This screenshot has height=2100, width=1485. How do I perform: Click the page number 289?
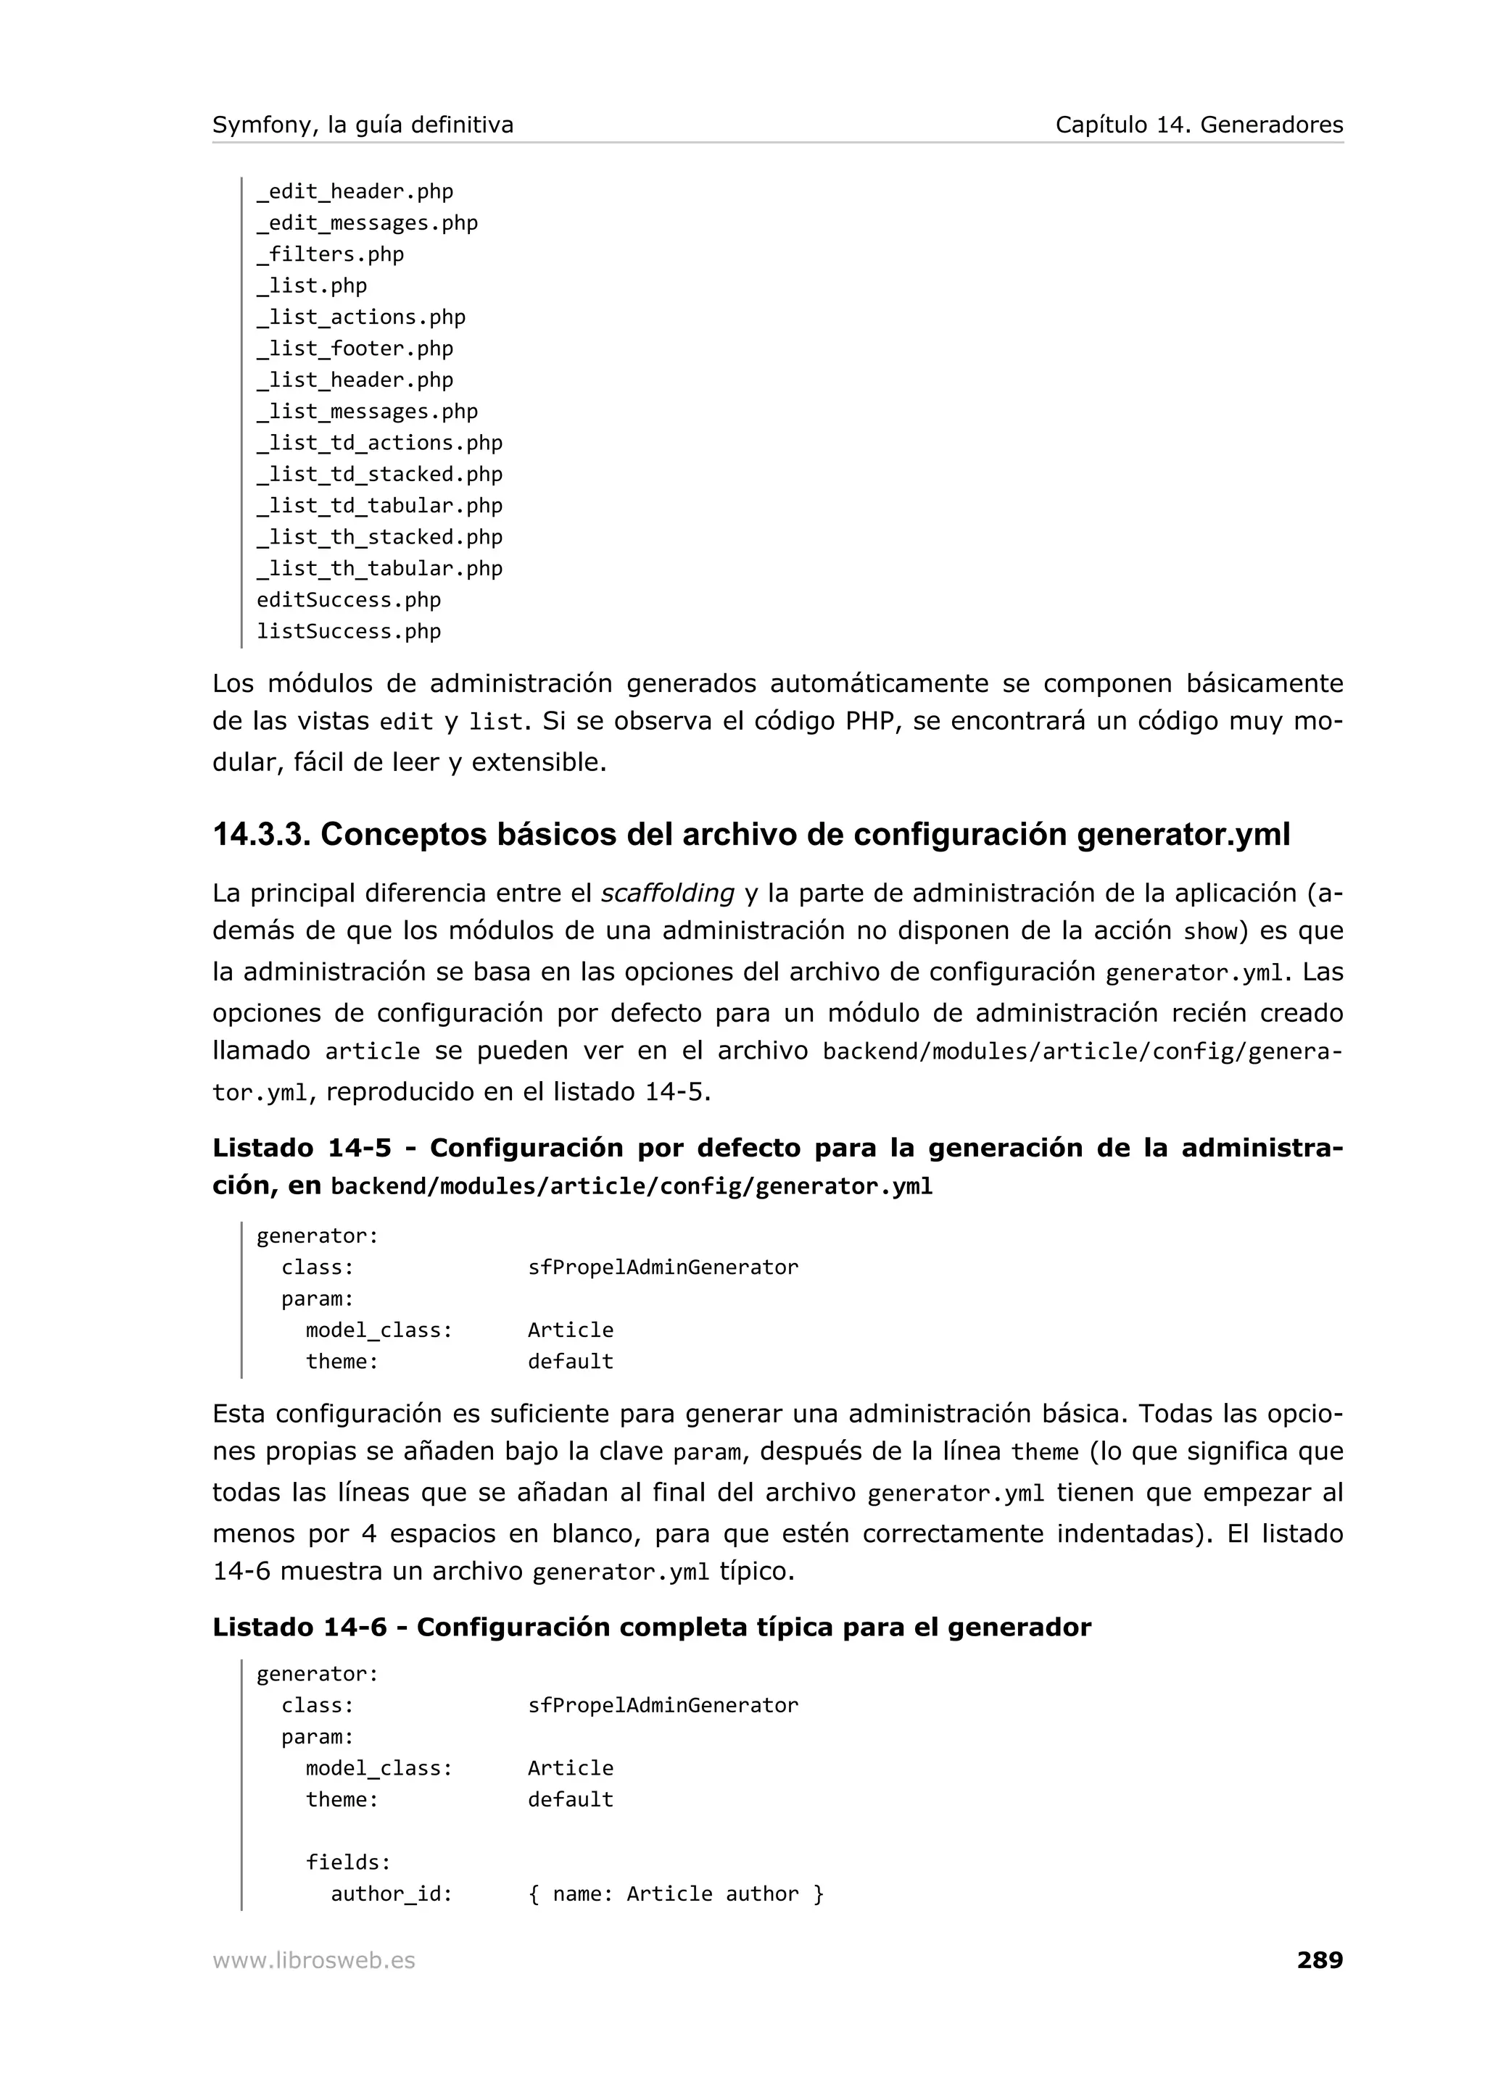coord(1320,1960)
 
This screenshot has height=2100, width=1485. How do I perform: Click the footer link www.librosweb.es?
coord(314,1961)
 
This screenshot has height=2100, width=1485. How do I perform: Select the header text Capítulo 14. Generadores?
coord(1199,125)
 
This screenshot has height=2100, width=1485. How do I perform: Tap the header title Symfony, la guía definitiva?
coord(363,125)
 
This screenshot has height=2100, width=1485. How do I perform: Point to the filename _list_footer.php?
coord(355,349)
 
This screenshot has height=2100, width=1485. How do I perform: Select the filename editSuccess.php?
coord(349,600)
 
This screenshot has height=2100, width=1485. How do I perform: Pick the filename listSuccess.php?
coord(349,631)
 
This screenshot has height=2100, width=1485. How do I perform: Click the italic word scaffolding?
coord(668,893)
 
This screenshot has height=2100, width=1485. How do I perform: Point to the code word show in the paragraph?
coord(1209,932)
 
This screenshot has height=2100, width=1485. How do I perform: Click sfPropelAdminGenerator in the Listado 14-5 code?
coord(663,1267)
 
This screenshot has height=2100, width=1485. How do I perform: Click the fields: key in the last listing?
coord(349,1862)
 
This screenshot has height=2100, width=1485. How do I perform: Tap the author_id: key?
coord(392,1893)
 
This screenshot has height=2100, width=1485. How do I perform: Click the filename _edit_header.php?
coord(355,192)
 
